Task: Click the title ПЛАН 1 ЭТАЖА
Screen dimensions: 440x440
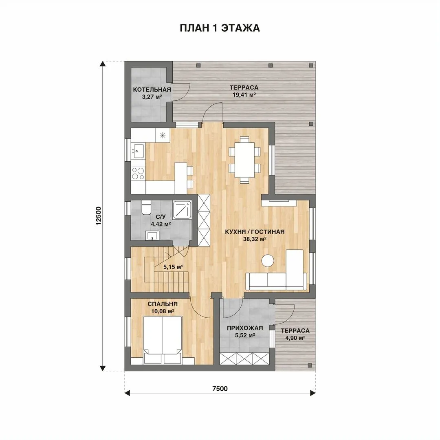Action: click(x=220, y=29)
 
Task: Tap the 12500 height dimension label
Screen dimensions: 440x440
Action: click(x=98, y=216)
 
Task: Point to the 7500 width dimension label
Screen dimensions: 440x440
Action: click(x=220, y=388)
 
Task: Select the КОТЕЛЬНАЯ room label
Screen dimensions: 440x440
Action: click(x=152, y=90)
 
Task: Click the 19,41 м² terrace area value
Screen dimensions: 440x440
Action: click(x=244, y=95)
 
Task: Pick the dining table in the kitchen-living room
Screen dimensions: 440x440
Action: click(x=244, y=160)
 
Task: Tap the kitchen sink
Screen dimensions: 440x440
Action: click(x=138, y=152)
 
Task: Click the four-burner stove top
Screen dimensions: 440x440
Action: click(x=138, y=173)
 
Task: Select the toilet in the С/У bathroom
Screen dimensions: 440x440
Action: click(x=146, y=207)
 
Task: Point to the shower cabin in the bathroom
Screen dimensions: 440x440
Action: click(x=182, y=209)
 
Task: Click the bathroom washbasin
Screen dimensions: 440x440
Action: click(x=152, y=235)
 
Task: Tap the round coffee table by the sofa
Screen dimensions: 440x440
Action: click(x=268, y=261)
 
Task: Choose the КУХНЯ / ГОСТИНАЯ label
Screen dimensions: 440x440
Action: click(x=255, y=232)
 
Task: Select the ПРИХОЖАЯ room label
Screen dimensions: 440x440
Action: click(x=245, y=328)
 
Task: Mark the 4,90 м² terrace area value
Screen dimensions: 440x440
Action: click(x=295, y=338)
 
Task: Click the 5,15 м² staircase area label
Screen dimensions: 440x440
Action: click(x=173, y=267)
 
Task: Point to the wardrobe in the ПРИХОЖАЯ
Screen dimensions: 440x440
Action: click(x=244, y=359)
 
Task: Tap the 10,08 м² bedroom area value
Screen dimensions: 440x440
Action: click(x=163, y=311)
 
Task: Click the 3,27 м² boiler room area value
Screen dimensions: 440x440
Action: click(x=152, y=97)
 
